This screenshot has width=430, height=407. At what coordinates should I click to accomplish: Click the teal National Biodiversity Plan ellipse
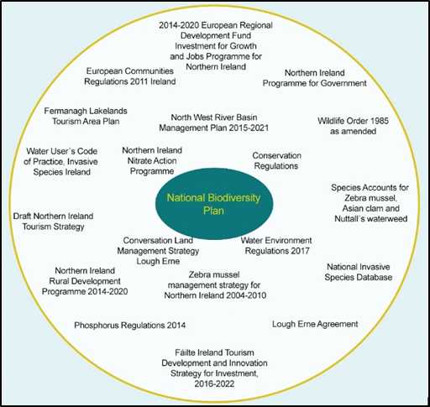click(x=214, y=204)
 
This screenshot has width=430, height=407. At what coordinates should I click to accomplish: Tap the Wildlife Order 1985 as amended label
click(x=353, y=126)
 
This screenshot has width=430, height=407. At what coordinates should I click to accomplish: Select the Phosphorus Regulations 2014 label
click(x=129, y=325)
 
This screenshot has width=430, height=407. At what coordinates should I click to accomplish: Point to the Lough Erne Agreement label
click(x=315, y=324)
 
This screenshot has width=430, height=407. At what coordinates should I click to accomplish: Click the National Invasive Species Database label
click(x=359, y=272)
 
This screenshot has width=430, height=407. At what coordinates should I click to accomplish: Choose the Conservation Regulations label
click(x=276, y=160)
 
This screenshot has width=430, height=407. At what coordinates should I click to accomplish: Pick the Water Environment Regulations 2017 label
click(x=276, y=246)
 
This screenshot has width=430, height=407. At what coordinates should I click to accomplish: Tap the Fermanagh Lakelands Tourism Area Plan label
click(x=86, y=116)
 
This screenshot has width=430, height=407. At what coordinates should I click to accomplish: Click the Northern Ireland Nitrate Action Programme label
click(x=152, y=160)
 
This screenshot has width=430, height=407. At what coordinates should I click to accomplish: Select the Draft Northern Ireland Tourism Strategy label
click(x=53, y=222)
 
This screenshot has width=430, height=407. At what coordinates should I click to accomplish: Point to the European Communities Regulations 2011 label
click(x=130, y=76)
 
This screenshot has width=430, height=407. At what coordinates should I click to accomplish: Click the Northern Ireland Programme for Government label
click(x=315, y=78)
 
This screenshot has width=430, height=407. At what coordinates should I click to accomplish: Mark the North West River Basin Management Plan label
click(x=214, y=123)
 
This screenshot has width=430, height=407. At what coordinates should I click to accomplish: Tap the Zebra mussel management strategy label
click(x=215, y=284)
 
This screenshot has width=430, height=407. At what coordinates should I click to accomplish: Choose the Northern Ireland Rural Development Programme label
click(x=85, y=281)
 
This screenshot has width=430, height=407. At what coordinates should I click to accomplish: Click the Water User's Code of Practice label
click(x=61, y=161)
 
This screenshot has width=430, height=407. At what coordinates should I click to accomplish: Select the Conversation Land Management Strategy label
click(x=158, y=251)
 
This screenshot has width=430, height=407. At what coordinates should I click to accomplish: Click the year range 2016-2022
click(x=214, y=384)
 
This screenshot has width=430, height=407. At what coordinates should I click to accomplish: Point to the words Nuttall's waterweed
click(x=371, y=218)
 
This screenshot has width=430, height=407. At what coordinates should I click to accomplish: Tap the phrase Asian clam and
click(x=371, y=208)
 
